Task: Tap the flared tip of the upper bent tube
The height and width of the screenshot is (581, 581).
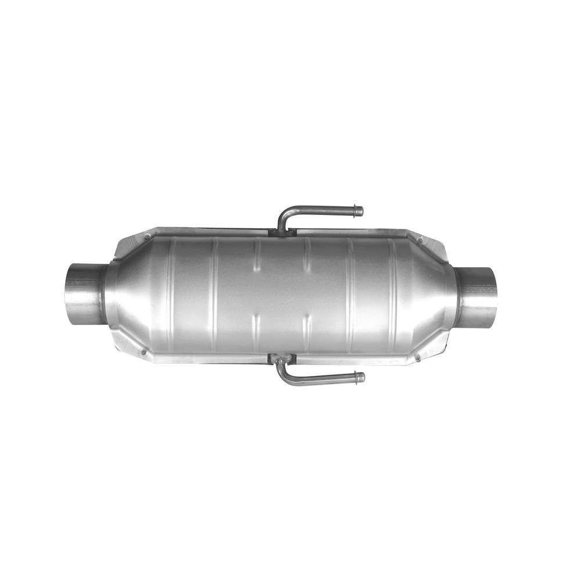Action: pos(358,211)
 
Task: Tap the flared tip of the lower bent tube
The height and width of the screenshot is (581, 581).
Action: pos(360,378)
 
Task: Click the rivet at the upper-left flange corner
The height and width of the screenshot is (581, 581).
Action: pos(147,236)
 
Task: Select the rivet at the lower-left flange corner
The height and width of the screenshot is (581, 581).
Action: pos(143,351)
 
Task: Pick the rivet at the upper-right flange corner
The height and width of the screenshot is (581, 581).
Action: pos(419,239)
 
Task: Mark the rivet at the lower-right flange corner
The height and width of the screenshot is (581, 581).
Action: pos(417,356)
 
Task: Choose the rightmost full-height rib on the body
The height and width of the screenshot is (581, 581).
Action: pos(394,296)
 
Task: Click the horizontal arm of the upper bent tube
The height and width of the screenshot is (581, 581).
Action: pos(325,210)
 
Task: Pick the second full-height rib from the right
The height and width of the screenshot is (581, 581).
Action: pos(350,296)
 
